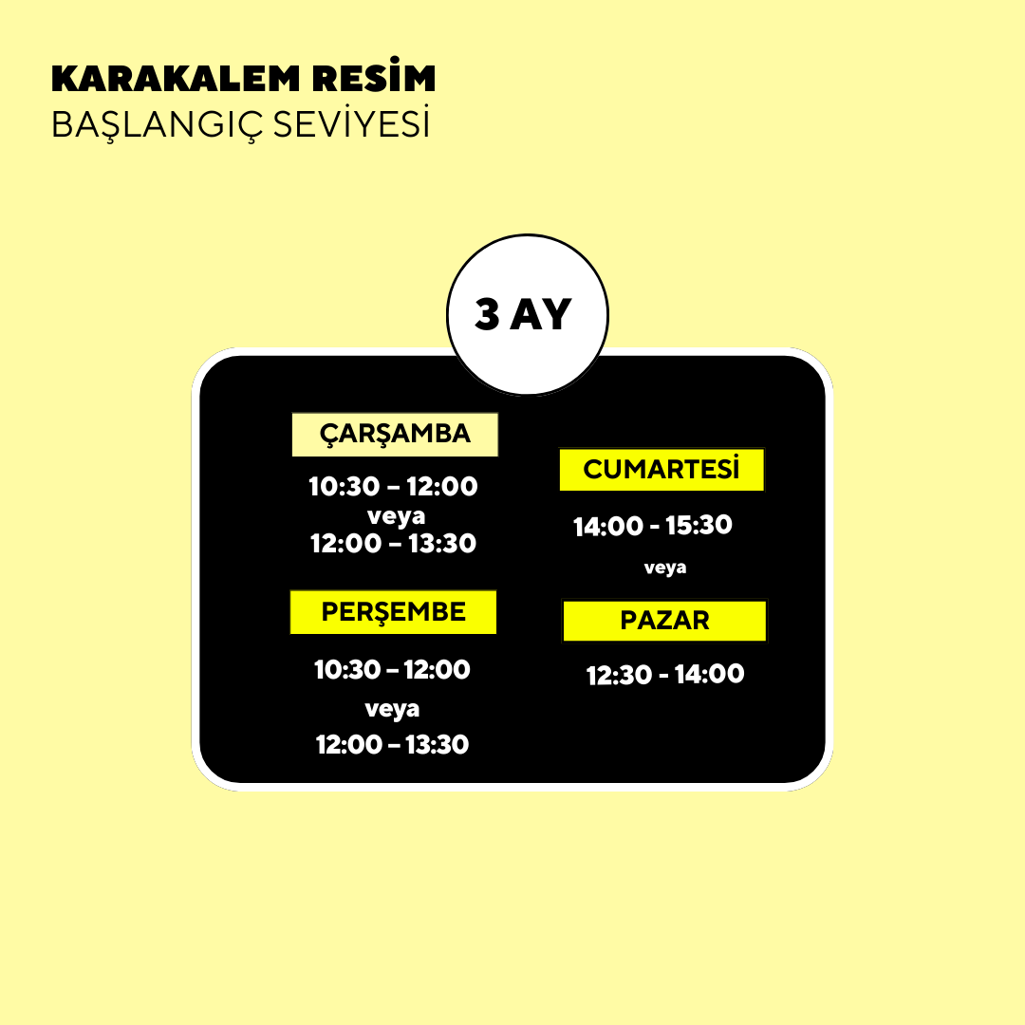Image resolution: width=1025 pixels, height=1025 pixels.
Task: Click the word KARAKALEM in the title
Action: (x=176, y=79)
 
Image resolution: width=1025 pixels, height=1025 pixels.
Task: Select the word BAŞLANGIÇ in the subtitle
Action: (x=157, y=125)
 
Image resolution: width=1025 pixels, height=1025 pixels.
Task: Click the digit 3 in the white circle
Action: (x=487, y=314)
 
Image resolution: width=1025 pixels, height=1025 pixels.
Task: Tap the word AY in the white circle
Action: (x=541, y=314)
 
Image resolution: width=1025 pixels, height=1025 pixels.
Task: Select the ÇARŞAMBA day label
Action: (x=395, y=434)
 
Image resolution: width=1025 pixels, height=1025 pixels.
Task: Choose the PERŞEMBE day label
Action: (x=393, y=612)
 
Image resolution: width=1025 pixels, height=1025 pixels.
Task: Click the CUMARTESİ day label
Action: (x=662, y=470)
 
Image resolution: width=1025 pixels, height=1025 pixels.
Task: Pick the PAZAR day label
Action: (x=664, y=621)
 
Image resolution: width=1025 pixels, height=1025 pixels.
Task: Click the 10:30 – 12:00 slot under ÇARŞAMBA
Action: (x=393, y=486)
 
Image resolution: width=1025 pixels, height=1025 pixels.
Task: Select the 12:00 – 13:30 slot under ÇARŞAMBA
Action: (x=393, y=543)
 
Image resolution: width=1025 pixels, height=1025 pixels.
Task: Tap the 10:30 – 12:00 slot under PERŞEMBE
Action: (x=392, y=669)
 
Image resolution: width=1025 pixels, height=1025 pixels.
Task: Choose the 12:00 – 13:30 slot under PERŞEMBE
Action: (x=392, y=745)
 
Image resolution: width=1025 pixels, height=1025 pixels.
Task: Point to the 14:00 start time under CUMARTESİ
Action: (x=608, y=526)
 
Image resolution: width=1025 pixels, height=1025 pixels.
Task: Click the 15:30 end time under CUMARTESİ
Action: (x=699, y=525)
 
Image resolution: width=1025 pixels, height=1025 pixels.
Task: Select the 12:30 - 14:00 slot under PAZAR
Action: (x=665, y=675)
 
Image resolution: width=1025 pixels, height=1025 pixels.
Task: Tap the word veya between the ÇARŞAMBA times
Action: (x=396, y=516)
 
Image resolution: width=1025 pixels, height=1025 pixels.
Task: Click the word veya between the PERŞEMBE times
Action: (x=392, y=709)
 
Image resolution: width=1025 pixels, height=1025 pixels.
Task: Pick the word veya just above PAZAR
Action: (x=664, y=568)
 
